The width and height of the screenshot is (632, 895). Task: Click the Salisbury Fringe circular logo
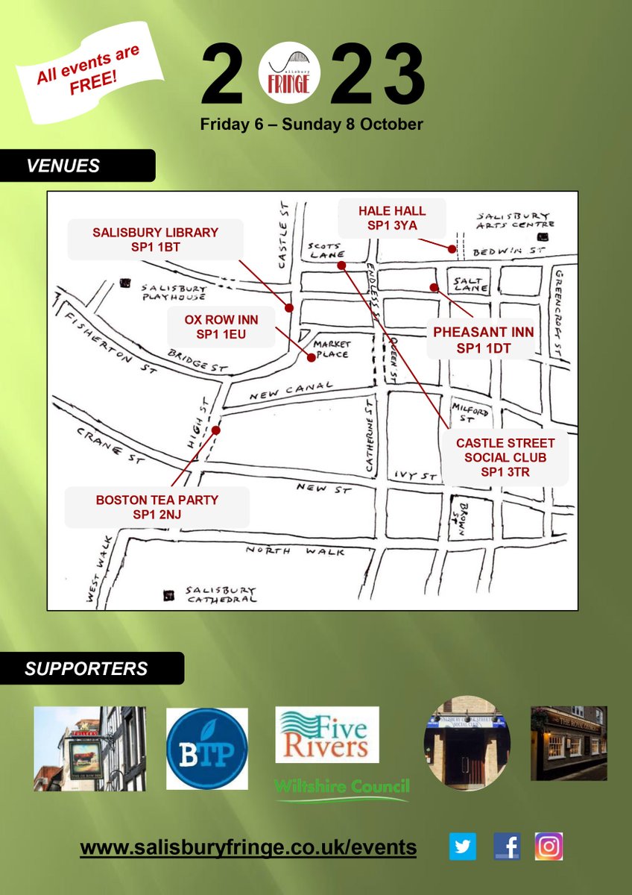click(x=289, y=75)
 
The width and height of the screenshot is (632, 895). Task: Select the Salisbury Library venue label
click(x=155, y=239)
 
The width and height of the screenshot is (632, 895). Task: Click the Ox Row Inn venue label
click(x=221, y=327)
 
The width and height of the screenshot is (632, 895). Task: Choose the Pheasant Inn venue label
click(x=484, y=339)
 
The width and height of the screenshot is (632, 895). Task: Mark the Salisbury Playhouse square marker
click(x=124, y=283)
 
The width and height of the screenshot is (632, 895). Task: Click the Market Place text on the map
click(x=330, y=349)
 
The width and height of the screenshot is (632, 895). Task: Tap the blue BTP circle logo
click(x=207, y=749)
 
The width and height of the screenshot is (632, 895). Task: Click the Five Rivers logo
click(x=327, y=735)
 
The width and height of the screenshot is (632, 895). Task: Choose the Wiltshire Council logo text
click(x=342, y=786)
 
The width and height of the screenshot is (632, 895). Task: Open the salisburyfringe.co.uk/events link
click(x=248, y=847)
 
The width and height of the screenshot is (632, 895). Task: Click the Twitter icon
click(x=463, y=847)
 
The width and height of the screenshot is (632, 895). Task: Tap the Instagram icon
click(x=549, y=847)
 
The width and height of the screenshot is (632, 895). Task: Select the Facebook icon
click(x=507, y=847)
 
